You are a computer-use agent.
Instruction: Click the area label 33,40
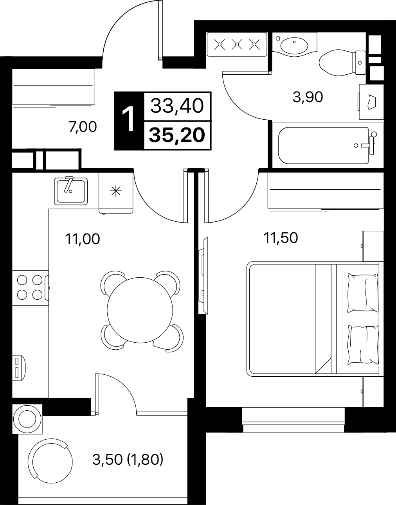tap(177, 106)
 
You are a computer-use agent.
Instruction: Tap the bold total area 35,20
tap(177, 135)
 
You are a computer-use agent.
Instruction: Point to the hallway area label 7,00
tap(83, 128)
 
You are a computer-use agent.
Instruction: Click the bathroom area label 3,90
tap(308, 97)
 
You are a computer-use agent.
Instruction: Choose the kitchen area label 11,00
tap(83, 239)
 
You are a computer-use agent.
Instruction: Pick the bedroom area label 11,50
tap(281, 238)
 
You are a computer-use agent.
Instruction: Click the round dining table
tap(140, 310)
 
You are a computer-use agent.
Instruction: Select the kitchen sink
tap(71, 191)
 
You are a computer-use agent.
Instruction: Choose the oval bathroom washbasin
tap(294, 45)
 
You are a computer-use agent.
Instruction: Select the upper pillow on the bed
tap(363, 293)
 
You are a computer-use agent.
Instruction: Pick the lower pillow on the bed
tap(363, 345)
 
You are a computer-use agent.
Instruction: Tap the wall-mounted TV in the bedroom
tap(203, 276)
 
